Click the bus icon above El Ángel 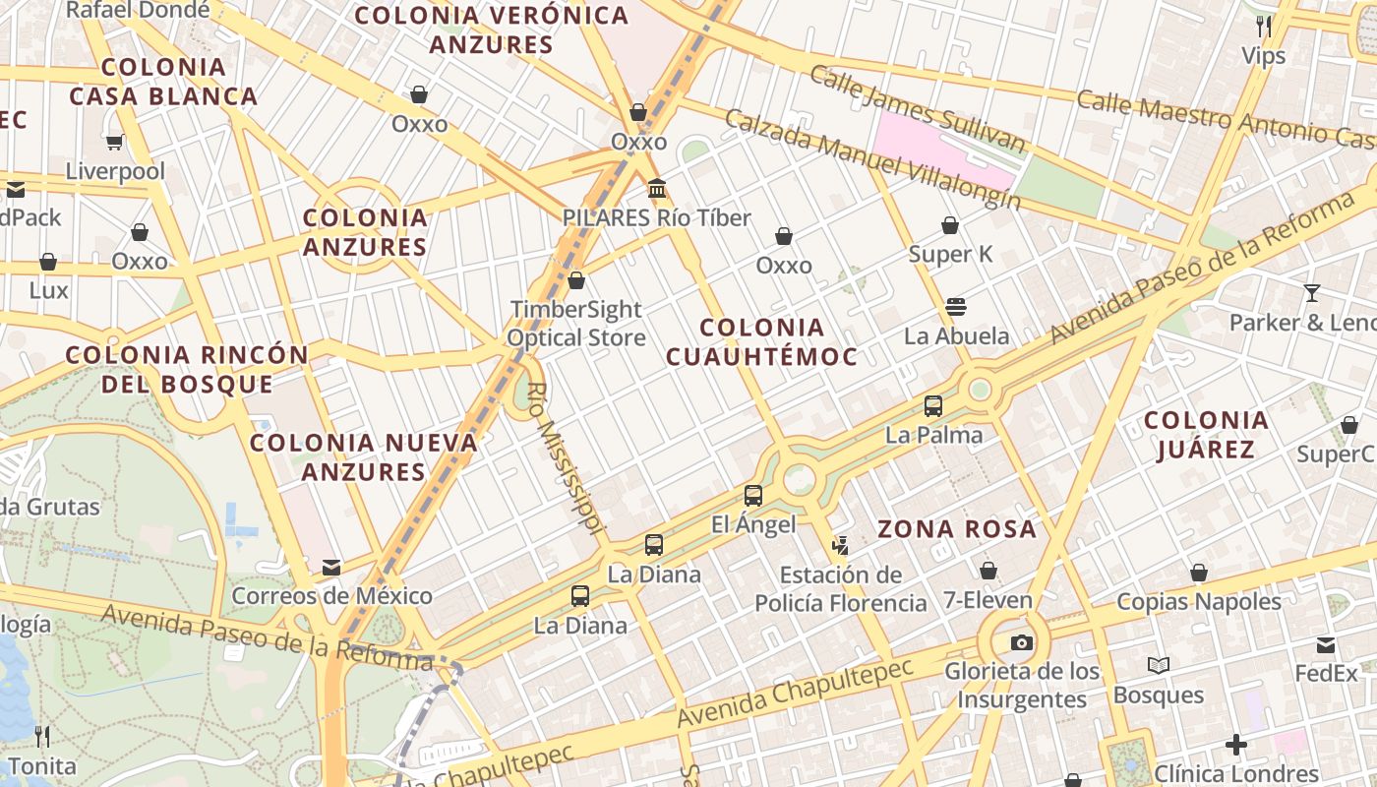point(753,496)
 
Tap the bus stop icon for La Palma point(933,405)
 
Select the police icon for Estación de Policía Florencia point(840,544)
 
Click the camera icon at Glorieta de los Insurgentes point(1022,642)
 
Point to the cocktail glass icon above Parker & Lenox point(1311,292)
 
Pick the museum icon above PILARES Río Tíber point(657,188)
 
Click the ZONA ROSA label point(957,529)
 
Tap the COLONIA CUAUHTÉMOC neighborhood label point(762,341)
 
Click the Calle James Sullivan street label point(917,110)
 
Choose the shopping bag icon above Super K point(950,225)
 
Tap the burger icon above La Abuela point(956,306)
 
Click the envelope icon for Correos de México point(331,567)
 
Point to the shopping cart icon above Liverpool point(115,142)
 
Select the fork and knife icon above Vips point(1264,26)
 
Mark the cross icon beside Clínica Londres point(1236,745)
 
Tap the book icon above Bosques point(1159,666)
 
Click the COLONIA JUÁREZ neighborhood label point(1206,435)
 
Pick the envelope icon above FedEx point(1326,645)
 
